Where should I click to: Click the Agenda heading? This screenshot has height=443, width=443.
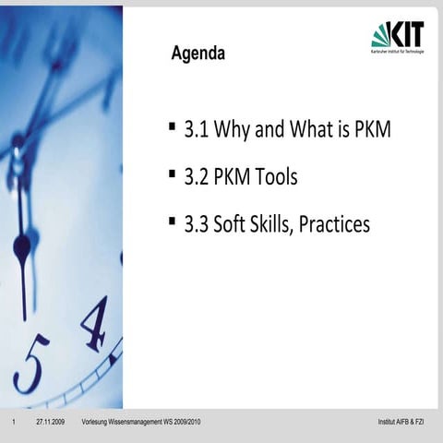198,54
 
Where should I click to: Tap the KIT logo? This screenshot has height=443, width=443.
398,37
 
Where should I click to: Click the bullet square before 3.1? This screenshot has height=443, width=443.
173,124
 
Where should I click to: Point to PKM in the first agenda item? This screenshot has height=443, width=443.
373,130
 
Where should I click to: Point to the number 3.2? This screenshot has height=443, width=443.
197,177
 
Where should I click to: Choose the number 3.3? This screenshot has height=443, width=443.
197,224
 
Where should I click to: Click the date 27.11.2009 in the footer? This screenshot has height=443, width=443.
50,423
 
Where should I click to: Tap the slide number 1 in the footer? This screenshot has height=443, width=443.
14,423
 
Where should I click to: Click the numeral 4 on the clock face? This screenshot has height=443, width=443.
95,324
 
